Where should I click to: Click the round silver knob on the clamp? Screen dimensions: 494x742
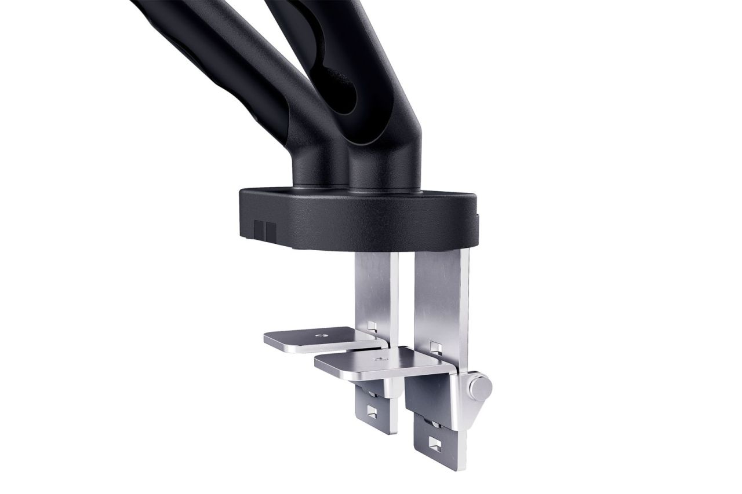(480, 385)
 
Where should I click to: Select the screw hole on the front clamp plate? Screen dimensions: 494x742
(380, 360)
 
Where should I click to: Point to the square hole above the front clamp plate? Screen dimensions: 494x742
(433, 347)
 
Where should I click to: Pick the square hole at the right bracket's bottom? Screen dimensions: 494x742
(433, 447)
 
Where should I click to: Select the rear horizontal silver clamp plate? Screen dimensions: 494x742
(313, 338)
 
